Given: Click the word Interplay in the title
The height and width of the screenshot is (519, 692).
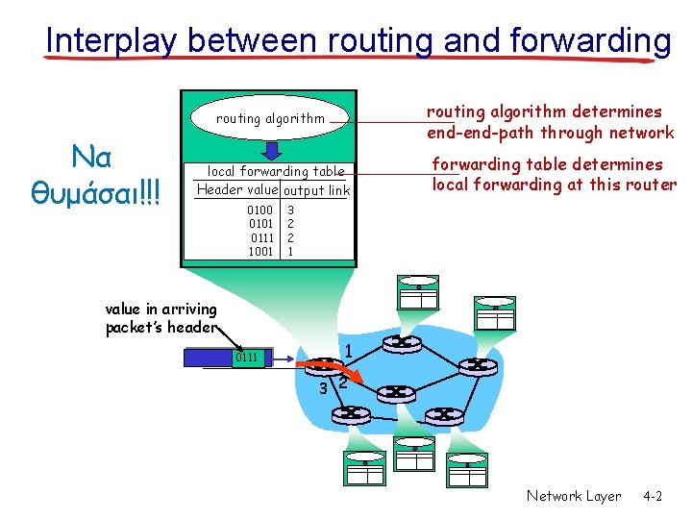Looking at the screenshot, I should pos(112,41).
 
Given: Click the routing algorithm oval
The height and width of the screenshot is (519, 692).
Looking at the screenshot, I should pos(270,118).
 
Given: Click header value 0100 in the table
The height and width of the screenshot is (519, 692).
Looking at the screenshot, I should pos(260,210).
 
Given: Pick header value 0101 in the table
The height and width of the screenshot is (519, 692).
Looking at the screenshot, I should pos(260,224).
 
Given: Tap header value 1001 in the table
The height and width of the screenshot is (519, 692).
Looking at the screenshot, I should pos(260,252).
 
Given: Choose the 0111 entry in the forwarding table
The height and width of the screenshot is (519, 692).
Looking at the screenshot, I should pos(260,237).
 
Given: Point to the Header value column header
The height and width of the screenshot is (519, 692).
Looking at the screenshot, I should pos(236,190).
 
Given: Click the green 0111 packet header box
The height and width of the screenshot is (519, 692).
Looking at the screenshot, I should pos(249,358).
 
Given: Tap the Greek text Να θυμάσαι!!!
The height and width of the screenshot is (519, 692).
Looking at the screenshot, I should pos(97,176).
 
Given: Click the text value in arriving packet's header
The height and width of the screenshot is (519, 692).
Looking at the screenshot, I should pos(161,318).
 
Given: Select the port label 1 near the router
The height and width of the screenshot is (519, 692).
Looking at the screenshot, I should pos(350,351).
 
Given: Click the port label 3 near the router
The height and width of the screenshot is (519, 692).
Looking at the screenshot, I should pos(324,388).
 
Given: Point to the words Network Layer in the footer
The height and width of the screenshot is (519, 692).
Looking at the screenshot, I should pos(574,496).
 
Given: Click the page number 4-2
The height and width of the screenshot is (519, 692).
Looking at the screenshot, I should pos(653,496).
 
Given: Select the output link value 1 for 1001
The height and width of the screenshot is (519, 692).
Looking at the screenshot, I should pos(290,252).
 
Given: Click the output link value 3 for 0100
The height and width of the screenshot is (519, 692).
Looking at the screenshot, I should pos(290,210).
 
